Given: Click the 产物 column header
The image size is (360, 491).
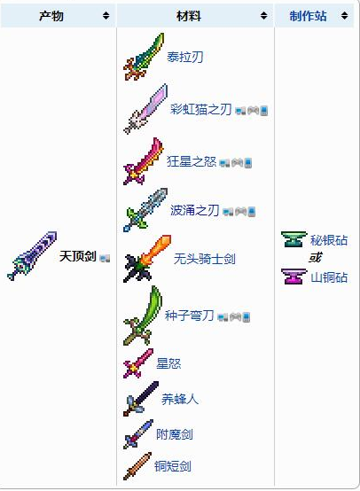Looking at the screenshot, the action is pos(51,16).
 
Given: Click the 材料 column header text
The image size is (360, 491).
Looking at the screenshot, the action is pos(189,16).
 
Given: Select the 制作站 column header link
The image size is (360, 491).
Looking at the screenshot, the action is pos(308,16).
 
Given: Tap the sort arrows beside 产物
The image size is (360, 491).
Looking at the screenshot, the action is pos(106,16).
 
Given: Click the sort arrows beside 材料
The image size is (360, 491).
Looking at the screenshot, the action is pos(264,16).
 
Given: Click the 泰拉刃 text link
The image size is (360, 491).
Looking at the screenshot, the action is pos(184,57).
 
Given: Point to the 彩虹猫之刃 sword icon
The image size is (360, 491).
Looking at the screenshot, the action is pos(145,109).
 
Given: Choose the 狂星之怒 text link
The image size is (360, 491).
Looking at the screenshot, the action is pos(192,161).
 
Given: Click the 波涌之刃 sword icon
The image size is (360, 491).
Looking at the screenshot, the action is pos(145,210).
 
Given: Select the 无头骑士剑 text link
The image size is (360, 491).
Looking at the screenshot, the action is pos(205,259).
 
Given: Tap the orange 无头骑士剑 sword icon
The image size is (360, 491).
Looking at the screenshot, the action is pos(147,259).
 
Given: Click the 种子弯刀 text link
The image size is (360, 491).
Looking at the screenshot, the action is pos(189,316).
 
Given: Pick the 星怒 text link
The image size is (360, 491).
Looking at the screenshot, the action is pos(168,363).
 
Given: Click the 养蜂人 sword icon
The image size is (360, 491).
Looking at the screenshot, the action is pos(141,399).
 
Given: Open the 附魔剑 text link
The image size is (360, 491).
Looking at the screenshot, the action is pos(175,434).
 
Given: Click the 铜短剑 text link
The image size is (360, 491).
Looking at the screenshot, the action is pos(173,466).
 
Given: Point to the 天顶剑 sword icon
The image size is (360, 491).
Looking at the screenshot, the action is pos(32,256).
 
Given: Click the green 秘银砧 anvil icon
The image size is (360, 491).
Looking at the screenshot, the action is pos(293,239).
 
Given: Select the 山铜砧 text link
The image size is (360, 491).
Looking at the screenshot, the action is pos(329,277).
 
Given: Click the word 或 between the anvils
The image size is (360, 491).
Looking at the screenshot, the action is pos(315,258).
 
